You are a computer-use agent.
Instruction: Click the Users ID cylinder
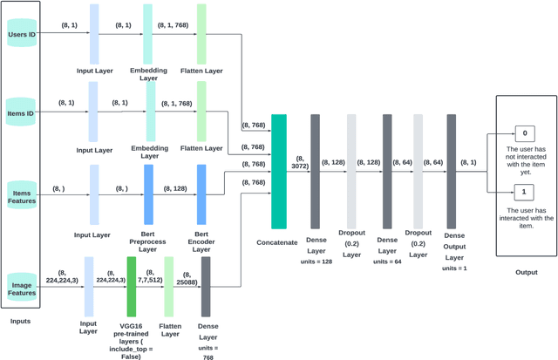point(21,35)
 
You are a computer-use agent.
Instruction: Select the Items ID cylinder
point(21,112)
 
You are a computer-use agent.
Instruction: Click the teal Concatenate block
point(279,171)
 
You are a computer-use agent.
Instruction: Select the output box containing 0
point(524,134)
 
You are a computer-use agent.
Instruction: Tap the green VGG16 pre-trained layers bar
point(132,286)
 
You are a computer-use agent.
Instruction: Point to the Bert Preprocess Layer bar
point(148,189)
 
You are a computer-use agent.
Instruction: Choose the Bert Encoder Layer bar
point(201,189)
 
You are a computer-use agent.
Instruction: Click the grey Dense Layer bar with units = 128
point(316,171)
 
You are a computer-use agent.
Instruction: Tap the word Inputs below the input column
point(21,322)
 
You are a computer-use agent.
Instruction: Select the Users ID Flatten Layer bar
point(201,33)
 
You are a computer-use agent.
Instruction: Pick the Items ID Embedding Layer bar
point(150,112)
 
